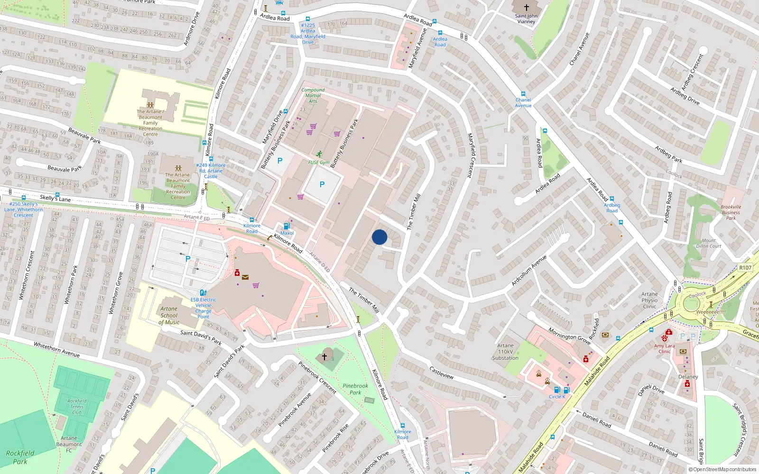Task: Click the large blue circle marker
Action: coord(379,237)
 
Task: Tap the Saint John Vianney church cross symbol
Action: coord(526,8)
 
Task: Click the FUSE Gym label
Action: coord(319,162)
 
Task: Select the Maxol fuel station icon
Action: coord(287,226)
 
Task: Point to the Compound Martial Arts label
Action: coord(313,95)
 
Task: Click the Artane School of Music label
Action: coord(169,315)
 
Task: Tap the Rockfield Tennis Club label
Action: coord(77,407)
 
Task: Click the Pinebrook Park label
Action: coord(355,389)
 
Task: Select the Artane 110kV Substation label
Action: coord(505,352)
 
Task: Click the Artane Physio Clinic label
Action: coord(649,300)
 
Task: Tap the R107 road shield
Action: coord(745,268)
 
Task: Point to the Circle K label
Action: coord(557,397)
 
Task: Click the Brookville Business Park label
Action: coord(731,212)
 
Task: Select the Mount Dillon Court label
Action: coord(709,243)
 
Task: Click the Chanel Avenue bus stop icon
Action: coord(523,94)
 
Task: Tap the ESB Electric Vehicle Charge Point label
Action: coord(203,308)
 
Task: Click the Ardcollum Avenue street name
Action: coord(529,270)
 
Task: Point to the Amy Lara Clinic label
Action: coord(664,348)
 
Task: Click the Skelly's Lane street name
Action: coord(55,199)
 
